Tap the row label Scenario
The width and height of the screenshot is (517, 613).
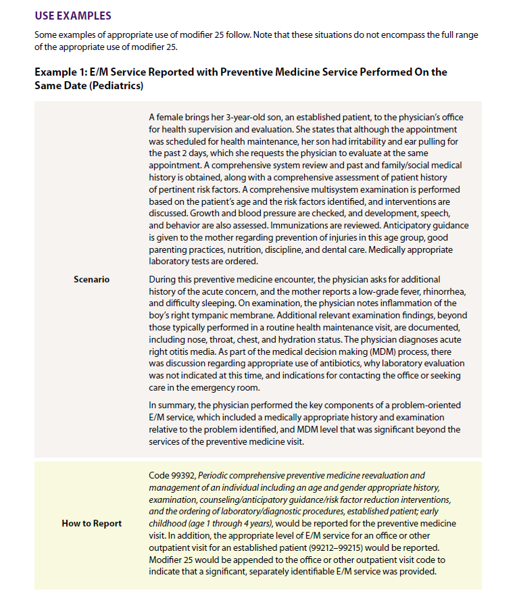click(x=91, y=279)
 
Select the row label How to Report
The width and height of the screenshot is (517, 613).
click(x=92, y=523)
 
